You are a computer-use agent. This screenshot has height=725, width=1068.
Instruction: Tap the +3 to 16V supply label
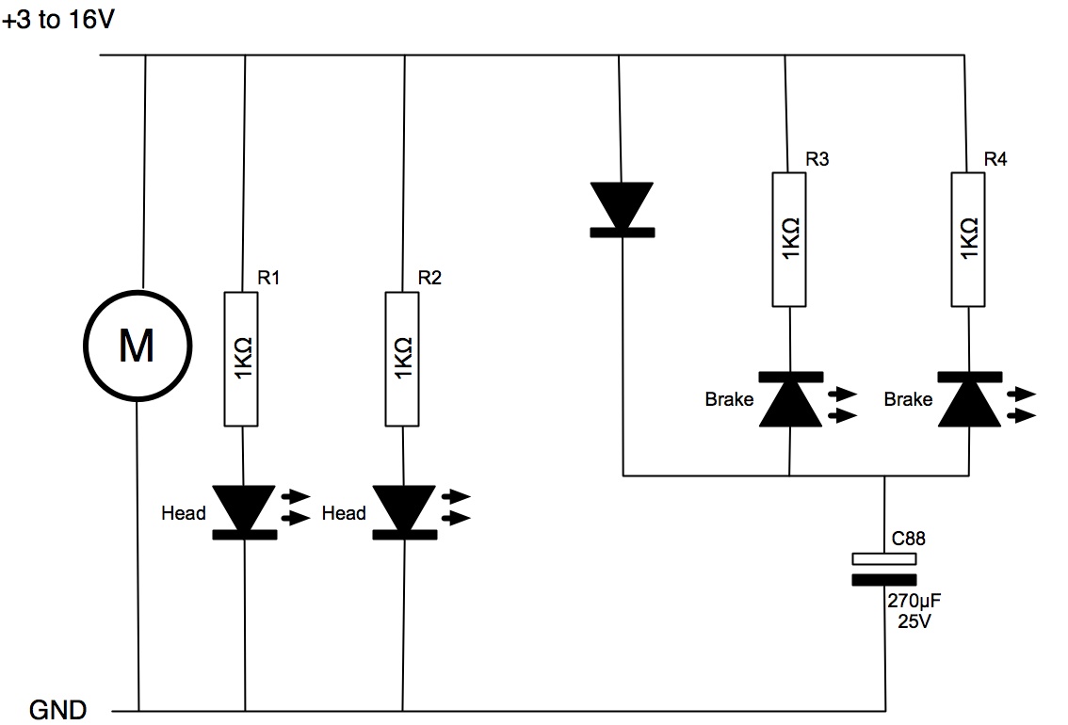coord(58,19)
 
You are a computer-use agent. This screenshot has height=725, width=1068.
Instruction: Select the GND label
coord(57,710)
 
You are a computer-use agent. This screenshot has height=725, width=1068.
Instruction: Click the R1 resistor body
coord(241,359)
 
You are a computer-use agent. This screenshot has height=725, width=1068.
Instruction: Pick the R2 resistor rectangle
coord(402,359)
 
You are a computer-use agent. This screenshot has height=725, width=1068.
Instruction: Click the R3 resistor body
coord(788,239)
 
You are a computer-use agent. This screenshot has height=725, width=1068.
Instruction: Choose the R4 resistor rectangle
coord(968,239)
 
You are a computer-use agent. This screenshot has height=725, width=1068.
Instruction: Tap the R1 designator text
coord(268,277)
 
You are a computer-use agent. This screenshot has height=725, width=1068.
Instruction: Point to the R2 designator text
coord(429,277)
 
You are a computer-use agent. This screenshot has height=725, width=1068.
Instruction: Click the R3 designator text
coord(817,158)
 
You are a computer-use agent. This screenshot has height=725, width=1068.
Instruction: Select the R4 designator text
coord(995,158)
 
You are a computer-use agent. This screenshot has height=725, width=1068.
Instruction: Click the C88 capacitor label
coord(909,539)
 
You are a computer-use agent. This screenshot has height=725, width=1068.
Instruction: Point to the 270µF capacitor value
coord(914,601)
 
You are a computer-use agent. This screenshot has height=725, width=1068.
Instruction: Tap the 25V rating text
coord(914,620)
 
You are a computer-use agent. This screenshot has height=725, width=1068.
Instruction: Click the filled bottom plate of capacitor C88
coord(884,580)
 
